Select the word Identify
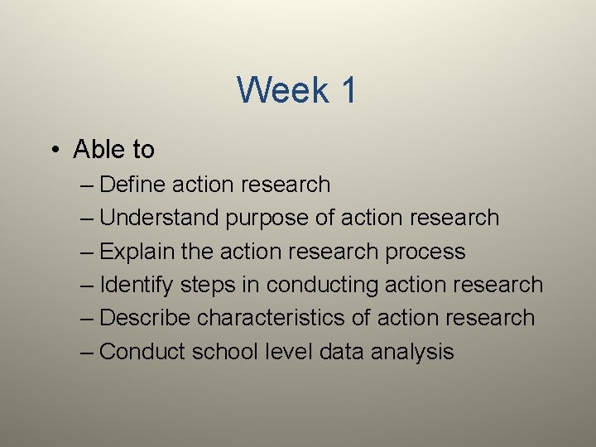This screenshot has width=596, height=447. [x=136, y=285]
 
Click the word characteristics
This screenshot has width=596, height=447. [x=281, y=318]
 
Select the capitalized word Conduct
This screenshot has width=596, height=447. [x=142, y=352]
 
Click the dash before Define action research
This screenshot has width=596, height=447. [x=89, y=185]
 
